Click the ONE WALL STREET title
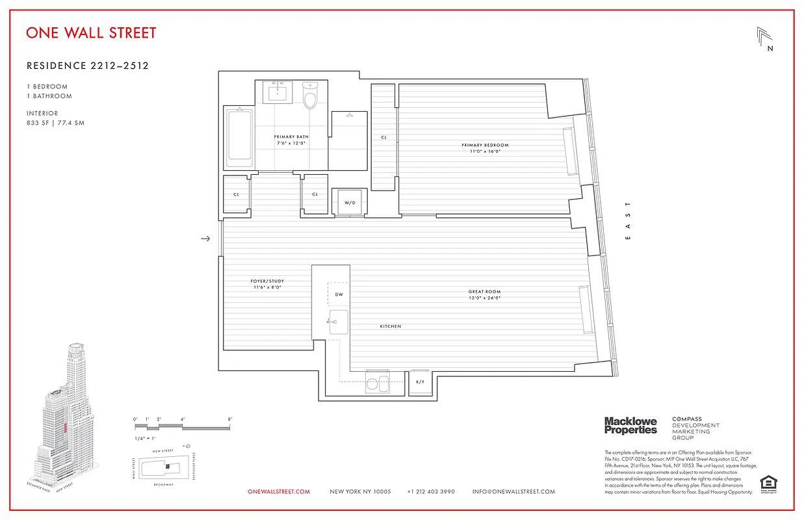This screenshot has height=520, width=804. coord(91,32)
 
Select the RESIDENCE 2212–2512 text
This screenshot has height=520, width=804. coord(88,66)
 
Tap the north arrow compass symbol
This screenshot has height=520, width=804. coord(765,39)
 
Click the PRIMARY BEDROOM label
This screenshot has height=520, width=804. coord(485,145)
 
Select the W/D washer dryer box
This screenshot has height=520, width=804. coord(350,201)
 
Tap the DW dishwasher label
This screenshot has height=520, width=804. coord(338,294)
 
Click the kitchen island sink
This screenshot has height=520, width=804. coord(338,322)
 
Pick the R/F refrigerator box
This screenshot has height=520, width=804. coord(420,382)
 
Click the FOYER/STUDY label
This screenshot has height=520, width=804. coord(267,281)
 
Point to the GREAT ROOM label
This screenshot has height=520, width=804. coord(485,292)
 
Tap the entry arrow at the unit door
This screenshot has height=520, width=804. coord(205,239)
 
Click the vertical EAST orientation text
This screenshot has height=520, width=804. coord(628,221)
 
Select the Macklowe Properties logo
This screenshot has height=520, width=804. coord(630,426)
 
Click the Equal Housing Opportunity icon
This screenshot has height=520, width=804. coord(768,484)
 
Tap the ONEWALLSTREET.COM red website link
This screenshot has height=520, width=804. coord(279,491)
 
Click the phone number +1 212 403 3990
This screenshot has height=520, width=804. coord(431,491)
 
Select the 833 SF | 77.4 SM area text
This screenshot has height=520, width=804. coord(55,123)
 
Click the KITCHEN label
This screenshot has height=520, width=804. coord(391,326)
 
